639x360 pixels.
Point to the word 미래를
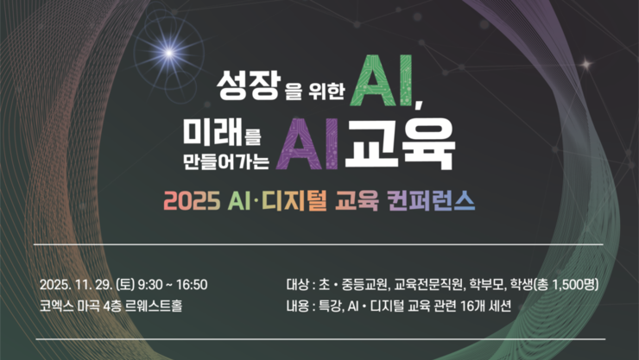click(221, 133)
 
